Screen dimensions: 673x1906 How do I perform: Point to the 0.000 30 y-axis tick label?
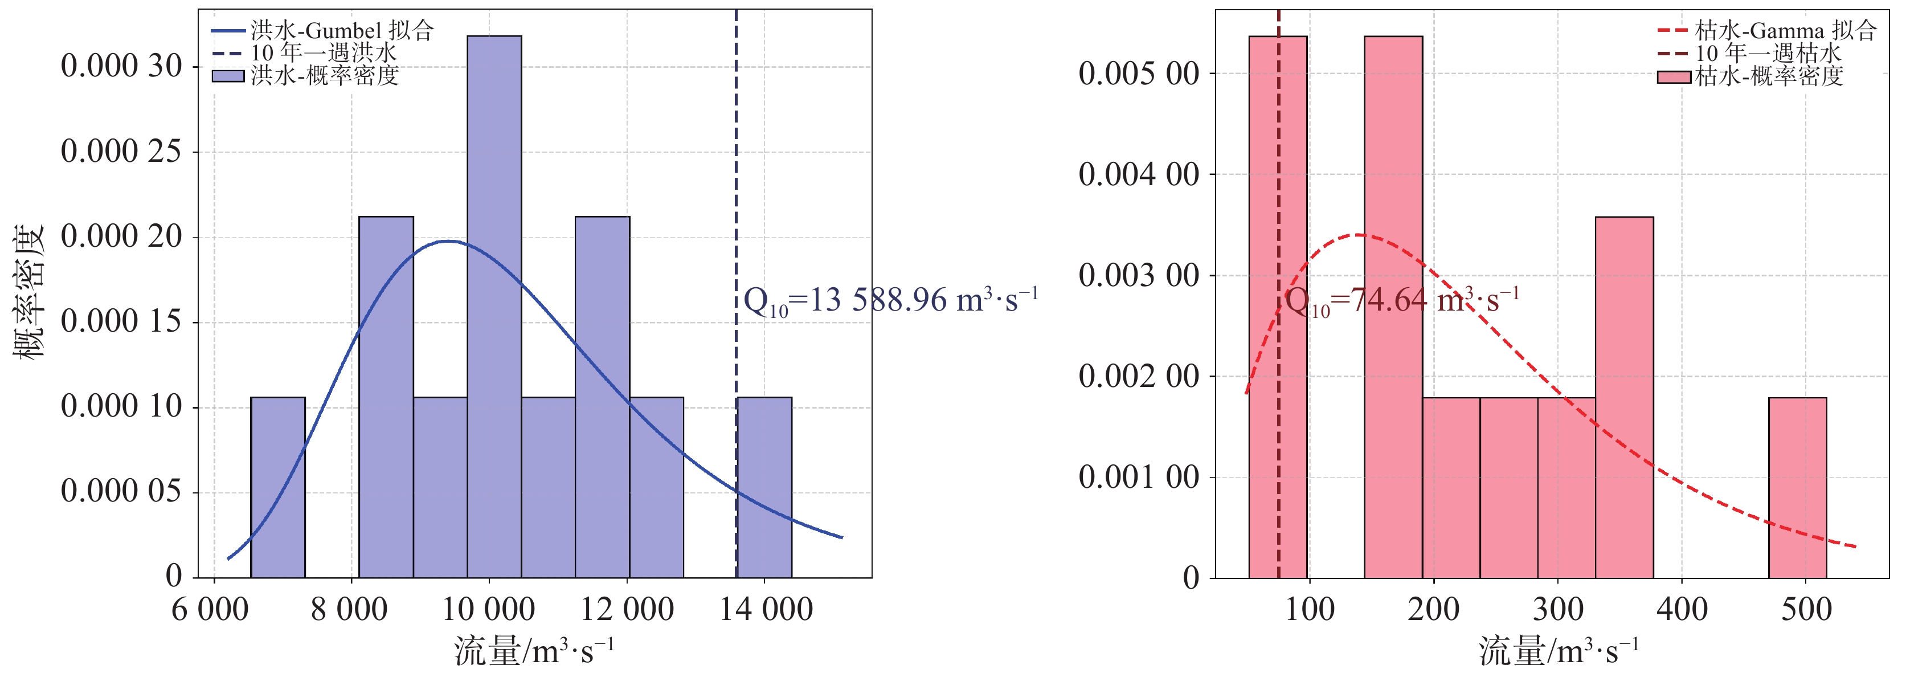pyautogui.click(x=121, y=67)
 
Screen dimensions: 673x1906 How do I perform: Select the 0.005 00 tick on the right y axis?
pyautogui.click(x=1139, y=74)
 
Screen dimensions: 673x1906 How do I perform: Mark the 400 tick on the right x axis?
pyautogui.click(x=1682, y=609)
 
